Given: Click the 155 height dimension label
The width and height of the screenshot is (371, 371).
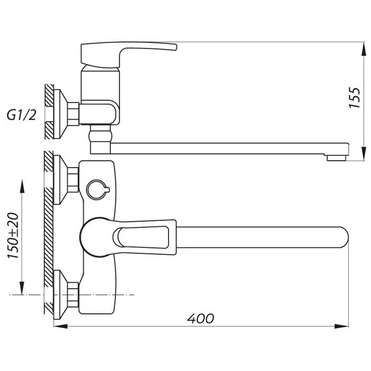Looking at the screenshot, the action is [355, 98].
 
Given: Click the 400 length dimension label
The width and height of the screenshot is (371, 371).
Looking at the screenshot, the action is [201, 319].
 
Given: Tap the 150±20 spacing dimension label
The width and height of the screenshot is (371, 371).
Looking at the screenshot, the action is [13, 235].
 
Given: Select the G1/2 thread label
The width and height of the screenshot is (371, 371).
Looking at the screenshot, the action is [22, 115].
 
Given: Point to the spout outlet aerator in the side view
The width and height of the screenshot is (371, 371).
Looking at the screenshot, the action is [337, 158].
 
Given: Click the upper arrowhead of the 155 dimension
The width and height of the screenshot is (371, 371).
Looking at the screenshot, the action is [364, 49].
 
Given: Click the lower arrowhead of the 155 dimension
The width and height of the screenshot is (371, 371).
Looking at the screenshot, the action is [364, 154].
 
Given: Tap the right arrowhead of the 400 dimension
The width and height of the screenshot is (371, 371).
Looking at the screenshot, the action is [341, 326].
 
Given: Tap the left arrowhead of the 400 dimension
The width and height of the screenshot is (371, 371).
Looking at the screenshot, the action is [61, 326].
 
